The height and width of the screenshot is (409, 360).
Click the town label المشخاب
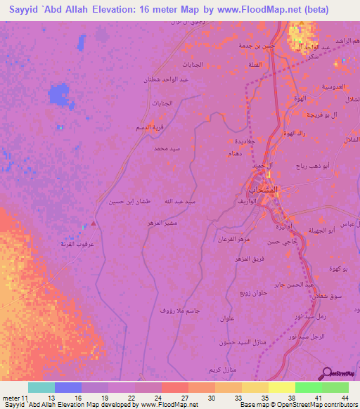264,190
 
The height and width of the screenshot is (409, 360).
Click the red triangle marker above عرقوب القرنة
94,223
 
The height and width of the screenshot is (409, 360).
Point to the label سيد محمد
168,149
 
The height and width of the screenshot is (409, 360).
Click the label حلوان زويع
252,292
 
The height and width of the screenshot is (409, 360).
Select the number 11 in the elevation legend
25,398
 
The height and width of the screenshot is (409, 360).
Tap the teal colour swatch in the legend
41,387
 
